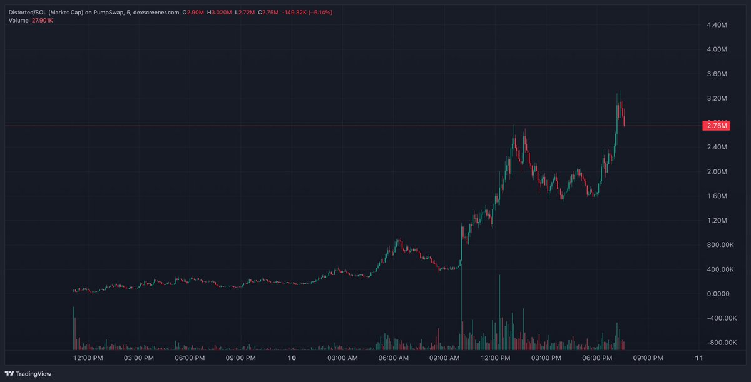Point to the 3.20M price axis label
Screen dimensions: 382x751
pyautogui.click(x=715, y=99)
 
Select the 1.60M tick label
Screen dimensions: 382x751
pyautogui.click(x=715, y=196)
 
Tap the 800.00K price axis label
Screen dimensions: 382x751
pyautogui.click(x=713, y=245)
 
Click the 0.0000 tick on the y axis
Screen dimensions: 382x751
pyautogui.click(x=714, y=294)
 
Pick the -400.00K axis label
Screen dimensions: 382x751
pyautogui.click(x=712, y=318)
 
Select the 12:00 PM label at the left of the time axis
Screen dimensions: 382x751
pyautogui.click(x=88, y=358)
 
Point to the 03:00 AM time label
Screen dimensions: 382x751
pyautogui.click(x=343, y=358)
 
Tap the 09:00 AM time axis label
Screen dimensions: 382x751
pyautogui.click(x=445, y=358)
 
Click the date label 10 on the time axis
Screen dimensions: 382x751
pyautogui.click(x=291, y=358)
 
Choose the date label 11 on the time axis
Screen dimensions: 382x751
pyautogui.click(x=699, y=358)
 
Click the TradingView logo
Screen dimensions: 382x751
pyautogui.click(x=30, y=374)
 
